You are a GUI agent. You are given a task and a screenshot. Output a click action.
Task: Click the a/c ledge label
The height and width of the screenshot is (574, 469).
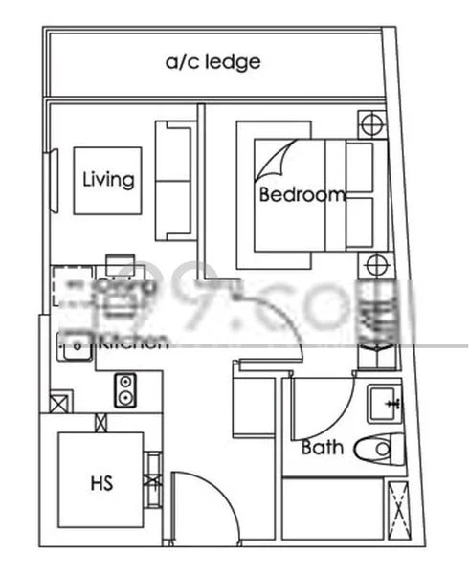[212, 63]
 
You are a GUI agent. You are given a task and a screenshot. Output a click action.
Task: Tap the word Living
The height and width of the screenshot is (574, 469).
[108, 179]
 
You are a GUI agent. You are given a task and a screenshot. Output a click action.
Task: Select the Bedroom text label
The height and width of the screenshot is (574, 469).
[302, 195]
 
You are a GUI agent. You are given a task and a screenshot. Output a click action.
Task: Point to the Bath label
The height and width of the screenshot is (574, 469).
[323, 447]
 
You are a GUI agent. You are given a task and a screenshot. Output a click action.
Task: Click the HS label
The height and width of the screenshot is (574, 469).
[101, 483]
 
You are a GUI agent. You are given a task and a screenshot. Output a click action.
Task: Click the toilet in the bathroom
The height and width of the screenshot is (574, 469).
[378, 447]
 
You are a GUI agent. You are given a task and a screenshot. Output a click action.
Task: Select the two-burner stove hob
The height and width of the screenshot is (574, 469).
[125, 389]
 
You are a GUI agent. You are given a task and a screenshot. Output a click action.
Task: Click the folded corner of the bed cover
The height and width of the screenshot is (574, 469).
[273, 159]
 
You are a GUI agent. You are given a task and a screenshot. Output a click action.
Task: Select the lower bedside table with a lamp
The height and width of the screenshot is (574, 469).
[374, 265]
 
